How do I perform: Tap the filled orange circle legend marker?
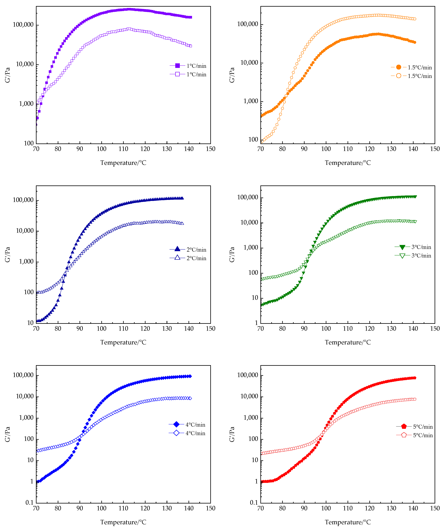399,67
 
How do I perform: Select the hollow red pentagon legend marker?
404,435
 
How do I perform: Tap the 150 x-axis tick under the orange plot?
435,149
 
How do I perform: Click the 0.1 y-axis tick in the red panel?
254,502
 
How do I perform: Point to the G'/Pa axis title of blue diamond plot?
8,434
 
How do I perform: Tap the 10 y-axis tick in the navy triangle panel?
30,323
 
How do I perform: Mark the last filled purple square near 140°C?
190,17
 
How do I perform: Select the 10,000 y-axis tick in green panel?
249,222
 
